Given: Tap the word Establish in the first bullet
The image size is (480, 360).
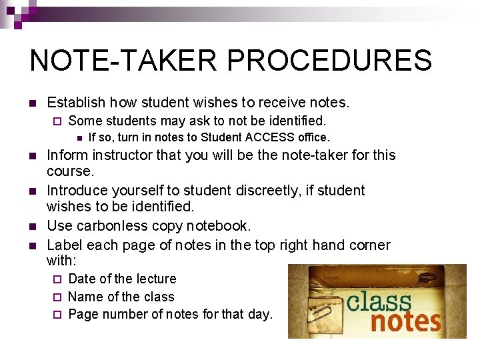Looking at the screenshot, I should (76, 103).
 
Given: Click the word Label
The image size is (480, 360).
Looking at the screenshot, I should (63, 245).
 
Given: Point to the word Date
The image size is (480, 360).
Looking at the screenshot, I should (82, 279).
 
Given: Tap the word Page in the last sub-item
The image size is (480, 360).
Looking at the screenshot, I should (82, 314).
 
